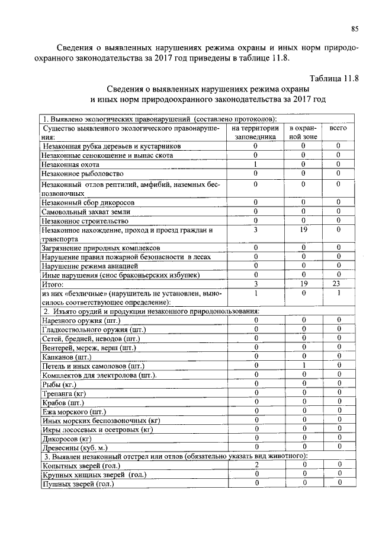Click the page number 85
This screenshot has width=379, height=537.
[355, 28]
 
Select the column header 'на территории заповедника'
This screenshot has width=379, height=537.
[256, 132]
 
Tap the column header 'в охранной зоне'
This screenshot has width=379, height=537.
[303, 132]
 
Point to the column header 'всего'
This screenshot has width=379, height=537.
[338, 128]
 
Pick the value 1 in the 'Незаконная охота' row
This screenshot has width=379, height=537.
[256, 164]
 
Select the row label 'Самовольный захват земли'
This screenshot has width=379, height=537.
[86, 211]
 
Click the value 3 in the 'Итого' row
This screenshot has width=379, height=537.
[256, 285]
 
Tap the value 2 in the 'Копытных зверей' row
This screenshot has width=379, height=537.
[256, 466]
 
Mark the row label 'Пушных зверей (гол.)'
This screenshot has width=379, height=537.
[77, 484]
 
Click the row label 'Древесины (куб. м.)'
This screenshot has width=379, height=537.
[75, 447]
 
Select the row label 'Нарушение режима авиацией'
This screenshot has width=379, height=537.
[86, 266]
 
